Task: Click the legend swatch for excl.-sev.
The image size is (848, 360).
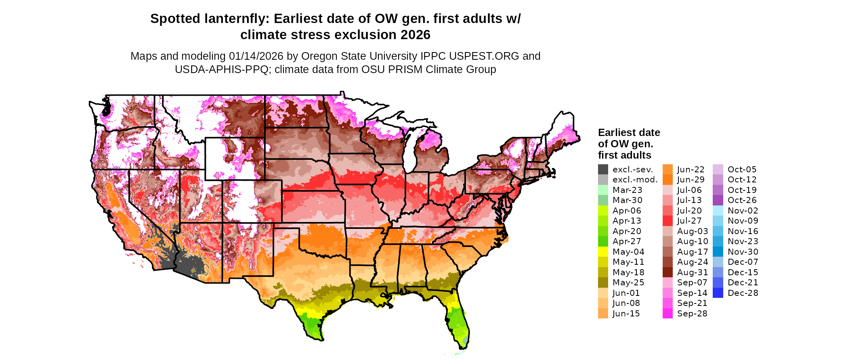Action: pyautogui.click(x=603, y=170)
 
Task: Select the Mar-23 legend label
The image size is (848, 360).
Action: pyautogui.click(x=627, y=190)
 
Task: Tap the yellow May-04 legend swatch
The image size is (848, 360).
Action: pyautogui.click(x=603, y=252)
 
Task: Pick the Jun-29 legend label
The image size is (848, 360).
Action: pyautogui.click(x=691, y=180)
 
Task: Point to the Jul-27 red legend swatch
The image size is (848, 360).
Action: pyautogui.click(x=667, y=221)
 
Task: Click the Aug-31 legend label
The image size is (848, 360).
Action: pyautogui.click(x=693, y=272)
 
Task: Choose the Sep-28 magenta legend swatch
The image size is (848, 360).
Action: pyautogui.click(x=667, y=314)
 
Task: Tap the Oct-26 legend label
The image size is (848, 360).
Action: pyautogui.click(x=742, y=200)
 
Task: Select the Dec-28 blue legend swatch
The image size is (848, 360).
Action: pyautogui.click(x=718, y=293)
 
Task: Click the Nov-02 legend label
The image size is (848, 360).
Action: pyautogui.click(x=743, y=211)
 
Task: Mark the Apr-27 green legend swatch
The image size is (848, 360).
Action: pyautogui.click(x=603, y=241)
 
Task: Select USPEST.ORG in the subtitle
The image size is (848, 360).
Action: pyautogui.click(x=484, y=56)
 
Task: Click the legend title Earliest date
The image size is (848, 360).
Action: pyautogui.click(x=629, y=133)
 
